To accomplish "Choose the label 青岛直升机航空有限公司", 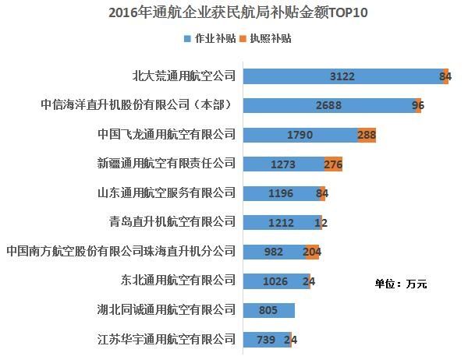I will coord(172,222).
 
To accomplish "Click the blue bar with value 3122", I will coord(343,76).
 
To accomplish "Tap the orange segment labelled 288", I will coord(367,135).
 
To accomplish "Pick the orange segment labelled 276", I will coord(333,164).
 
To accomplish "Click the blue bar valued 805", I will coord(268,310).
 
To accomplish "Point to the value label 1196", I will coord(281,193).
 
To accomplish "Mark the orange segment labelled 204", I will coord(312,252).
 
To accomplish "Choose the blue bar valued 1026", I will coord(276,281).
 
